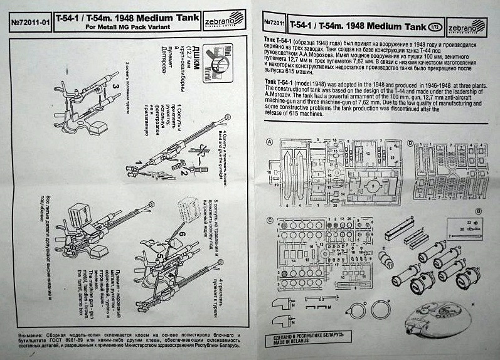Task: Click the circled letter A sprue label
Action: click(x=269, y=142)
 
